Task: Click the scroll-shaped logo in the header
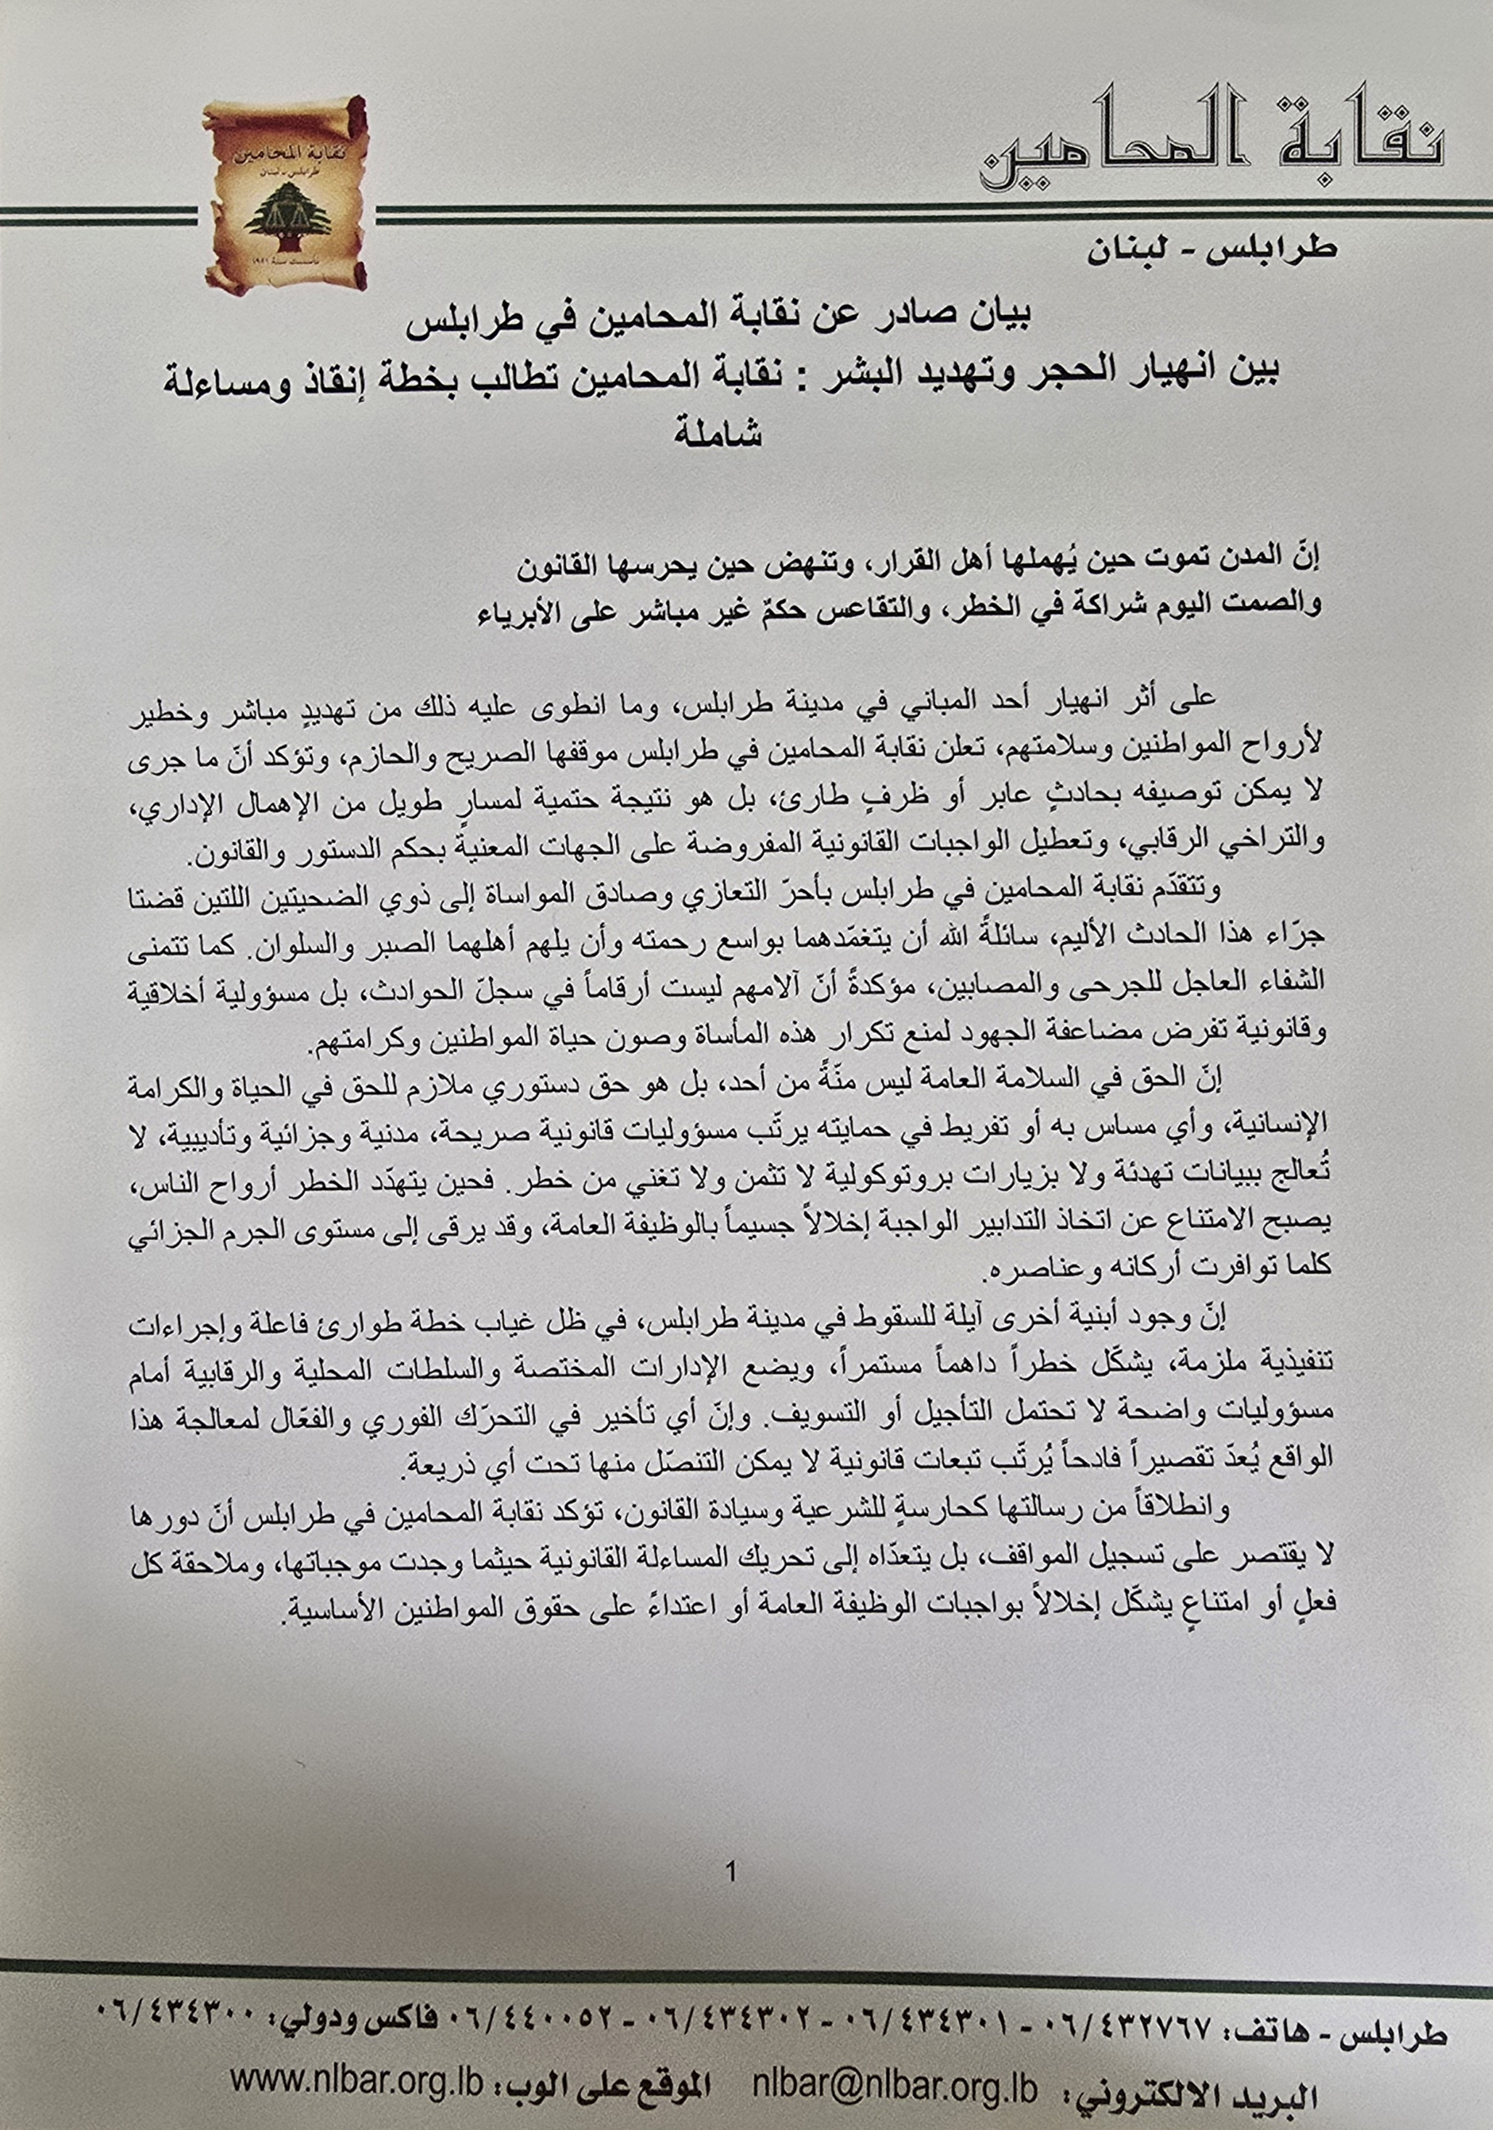pyautogui.click(x=284, y=193)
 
